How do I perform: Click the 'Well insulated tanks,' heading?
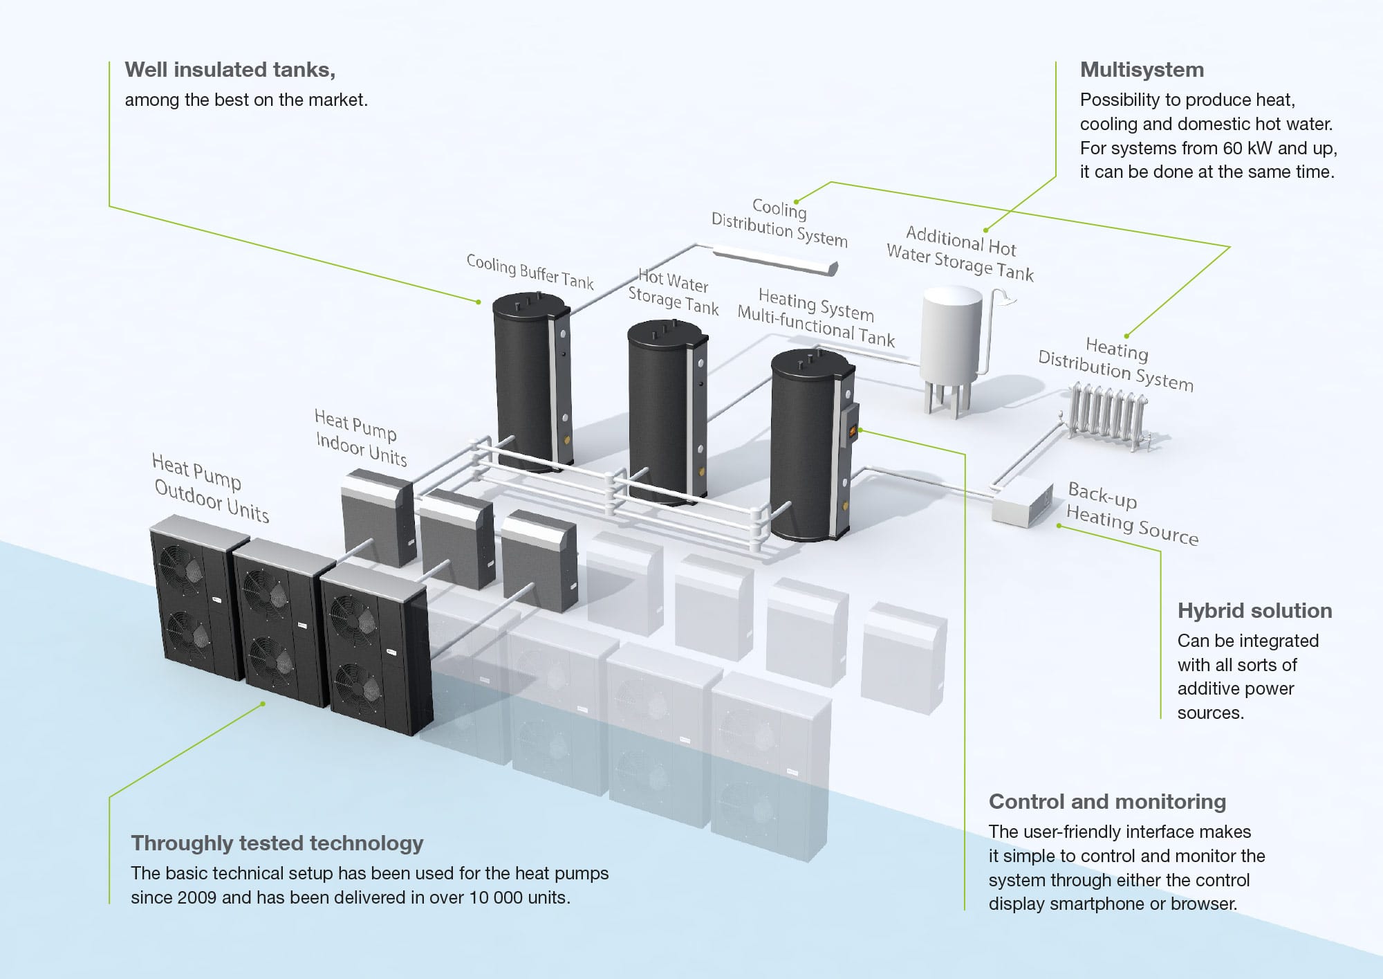click(x=230, y=70)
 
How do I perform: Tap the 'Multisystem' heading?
click(x=1142, y=70)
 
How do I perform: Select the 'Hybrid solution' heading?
click(x=1254, y=610)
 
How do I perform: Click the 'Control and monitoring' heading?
click(x=1107, y=801)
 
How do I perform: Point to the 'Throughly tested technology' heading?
click(x=277, y=843)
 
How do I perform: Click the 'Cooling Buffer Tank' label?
click(x=530, y=271)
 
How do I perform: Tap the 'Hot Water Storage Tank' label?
click(x=672, y=292)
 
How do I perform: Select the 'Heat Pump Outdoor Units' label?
click(x=210, y=488)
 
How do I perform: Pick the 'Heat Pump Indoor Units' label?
click(x=360, y=437)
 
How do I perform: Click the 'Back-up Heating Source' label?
click(x=1133, y=513)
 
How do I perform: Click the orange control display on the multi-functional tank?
click(x=853, y=432)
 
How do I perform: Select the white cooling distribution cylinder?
click(x=774, y=257)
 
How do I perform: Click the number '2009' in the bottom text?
click(x=198, y=897)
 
